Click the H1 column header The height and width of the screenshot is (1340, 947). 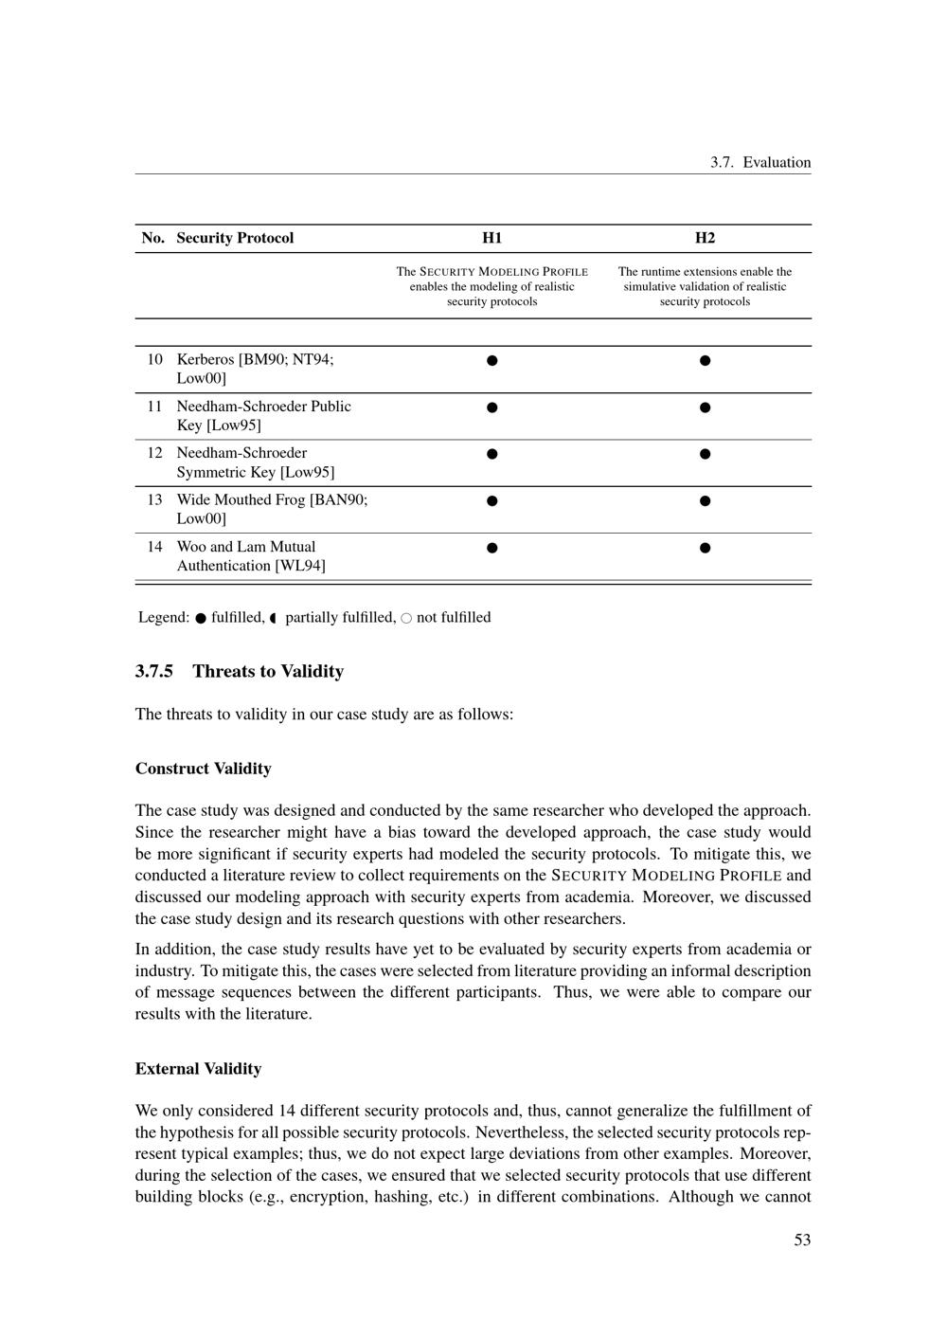[491, 238]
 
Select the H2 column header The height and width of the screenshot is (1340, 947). [705, 238]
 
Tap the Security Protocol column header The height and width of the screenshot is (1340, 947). [235, 238]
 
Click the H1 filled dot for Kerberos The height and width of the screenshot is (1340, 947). [491, 360]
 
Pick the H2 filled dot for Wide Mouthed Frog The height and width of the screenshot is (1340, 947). [705, 500]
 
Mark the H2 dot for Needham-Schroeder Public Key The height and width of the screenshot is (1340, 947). [705, 407]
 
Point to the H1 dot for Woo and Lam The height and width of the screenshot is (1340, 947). [491, 548]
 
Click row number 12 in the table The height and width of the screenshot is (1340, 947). [154, 453]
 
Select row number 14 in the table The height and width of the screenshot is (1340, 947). [154, 547]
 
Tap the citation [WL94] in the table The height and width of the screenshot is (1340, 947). [300, 566]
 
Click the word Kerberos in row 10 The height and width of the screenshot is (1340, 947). [205, 359]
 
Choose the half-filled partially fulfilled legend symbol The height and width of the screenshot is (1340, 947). [273, 619]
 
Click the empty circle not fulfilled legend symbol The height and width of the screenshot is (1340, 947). [406, 619]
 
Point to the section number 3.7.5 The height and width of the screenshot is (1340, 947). [154, 672]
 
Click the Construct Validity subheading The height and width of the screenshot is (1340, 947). [204, 769]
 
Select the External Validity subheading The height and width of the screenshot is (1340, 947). [198, 1069]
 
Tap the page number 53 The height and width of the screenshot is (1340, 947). [802, 1240]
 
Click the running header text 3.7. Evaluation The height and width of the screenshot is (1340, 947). [760, 162]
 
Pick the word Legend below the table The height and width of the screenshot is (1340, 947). [164, 618]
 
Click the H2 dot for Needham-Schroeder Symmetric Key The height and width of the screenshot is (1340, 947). [705, 454]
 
